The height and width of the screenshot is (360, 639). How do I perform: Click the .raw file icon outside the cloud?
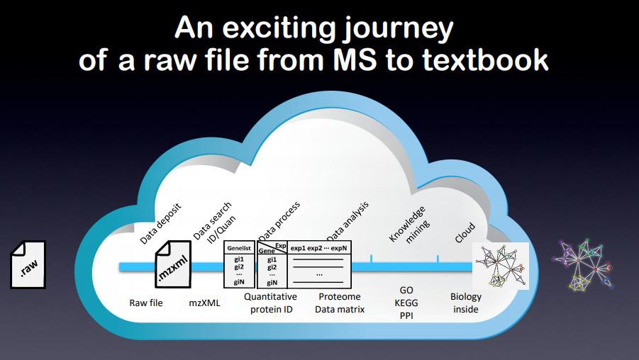click(x=28, y=264)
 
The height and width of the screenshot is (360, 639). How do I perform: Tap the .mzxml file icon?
click(x=173, y=264)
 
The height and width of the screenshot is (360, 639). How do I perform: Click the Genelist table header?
click(x=239, y=247)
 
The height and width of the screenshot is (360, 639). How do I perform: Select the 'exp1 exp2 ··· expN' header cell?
click(x=318, y=247)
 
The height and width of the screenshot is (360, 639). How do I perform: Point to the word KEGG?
click(x=406, y=303)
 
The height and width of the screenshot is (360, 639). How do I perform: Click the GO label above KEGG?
click(x=406, y=290)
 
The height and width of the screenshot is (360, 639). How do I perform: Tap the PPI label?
click(x=406, y=315)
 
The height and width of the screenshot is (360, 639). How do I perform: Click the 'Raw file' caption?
click(x=146, y=303)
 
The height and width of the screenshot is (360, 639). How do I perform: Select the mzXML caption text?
click(x=204, y=303)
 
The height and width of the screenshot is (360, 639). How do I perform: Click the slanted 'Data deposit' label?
click(x=160, y=223)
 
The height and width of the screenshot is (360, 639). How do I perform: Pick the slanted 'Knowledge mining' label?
click(x=409, y=225)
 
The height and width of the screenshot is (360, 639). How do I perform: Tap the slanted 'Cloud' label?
click(x=465, y=233)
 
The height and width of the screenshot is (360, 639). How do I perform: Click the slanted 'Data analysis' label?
click(x=348, y=221)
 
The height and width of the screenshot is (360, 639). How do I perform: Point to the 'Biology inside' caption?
click(x=466, y=303)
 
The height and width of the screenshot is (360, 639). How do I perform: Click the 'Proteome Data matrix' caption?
click(x=340, y=303)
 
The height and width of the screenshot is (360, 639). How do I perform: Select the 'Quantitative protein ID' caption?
click(x=271, y=303)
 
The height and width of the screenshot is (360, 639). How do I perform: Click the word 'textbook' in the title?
click(x=485, y=60)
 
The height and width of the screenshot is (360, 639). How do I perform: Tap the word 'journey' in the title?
click(x=398, y=29)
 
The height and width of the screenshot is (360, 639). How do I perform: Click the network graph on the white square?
click(x=501, y=266)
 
